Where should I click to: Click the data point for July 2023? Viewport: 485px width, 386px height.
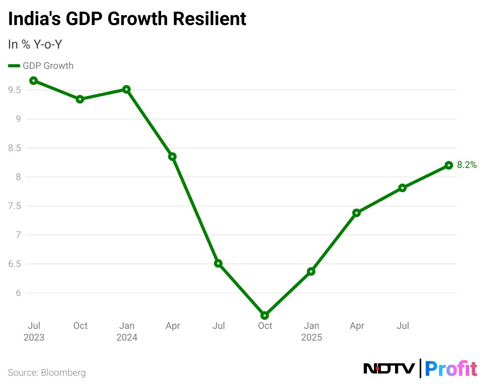coord(34,81)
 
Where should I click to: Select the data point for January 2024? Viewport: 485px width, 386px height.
coord(126,89)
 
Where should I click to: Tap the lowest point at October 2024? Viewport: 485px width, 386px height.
coord(264,316)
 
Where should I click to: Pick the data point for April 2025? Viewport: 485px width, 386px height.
coord(356,213)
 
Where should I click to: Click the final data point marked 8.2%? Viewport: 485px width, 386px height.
coord(449,165)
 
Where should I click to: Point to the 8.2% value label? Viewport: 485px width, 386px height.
coord(467,165)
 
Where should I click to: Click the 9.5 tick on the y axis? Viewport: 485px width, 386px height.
coord(14,90)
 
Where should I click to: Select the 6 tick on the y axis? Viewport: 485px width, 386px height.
coord(18,293)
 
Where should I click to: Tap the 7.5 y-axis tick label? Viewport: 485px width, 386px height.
coord(14,206)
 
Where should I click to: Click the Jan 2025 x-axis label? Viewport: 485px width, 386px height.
coord(311,331)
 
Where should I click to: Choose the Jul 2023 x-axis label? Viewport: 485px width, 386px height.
coord(34,331)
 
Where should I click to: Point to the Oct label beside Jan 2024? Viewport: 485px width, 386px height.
coord(80,326)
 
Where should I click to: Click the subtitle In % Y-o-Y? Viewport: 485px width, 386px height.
coord(35,45)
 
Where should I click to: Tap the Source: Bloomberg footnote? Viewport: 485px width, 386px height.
coord(47,373)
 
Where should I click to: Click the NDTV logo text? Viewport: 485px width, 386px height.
coord(389,368)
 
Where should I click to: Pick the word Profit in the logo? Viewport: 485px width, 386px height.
coord(451,368)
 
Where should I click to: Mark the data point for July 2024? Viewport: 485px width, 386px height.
coord(218,263)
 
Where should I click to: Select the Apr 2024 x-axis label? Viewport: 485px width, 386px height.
coord(172,326)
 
